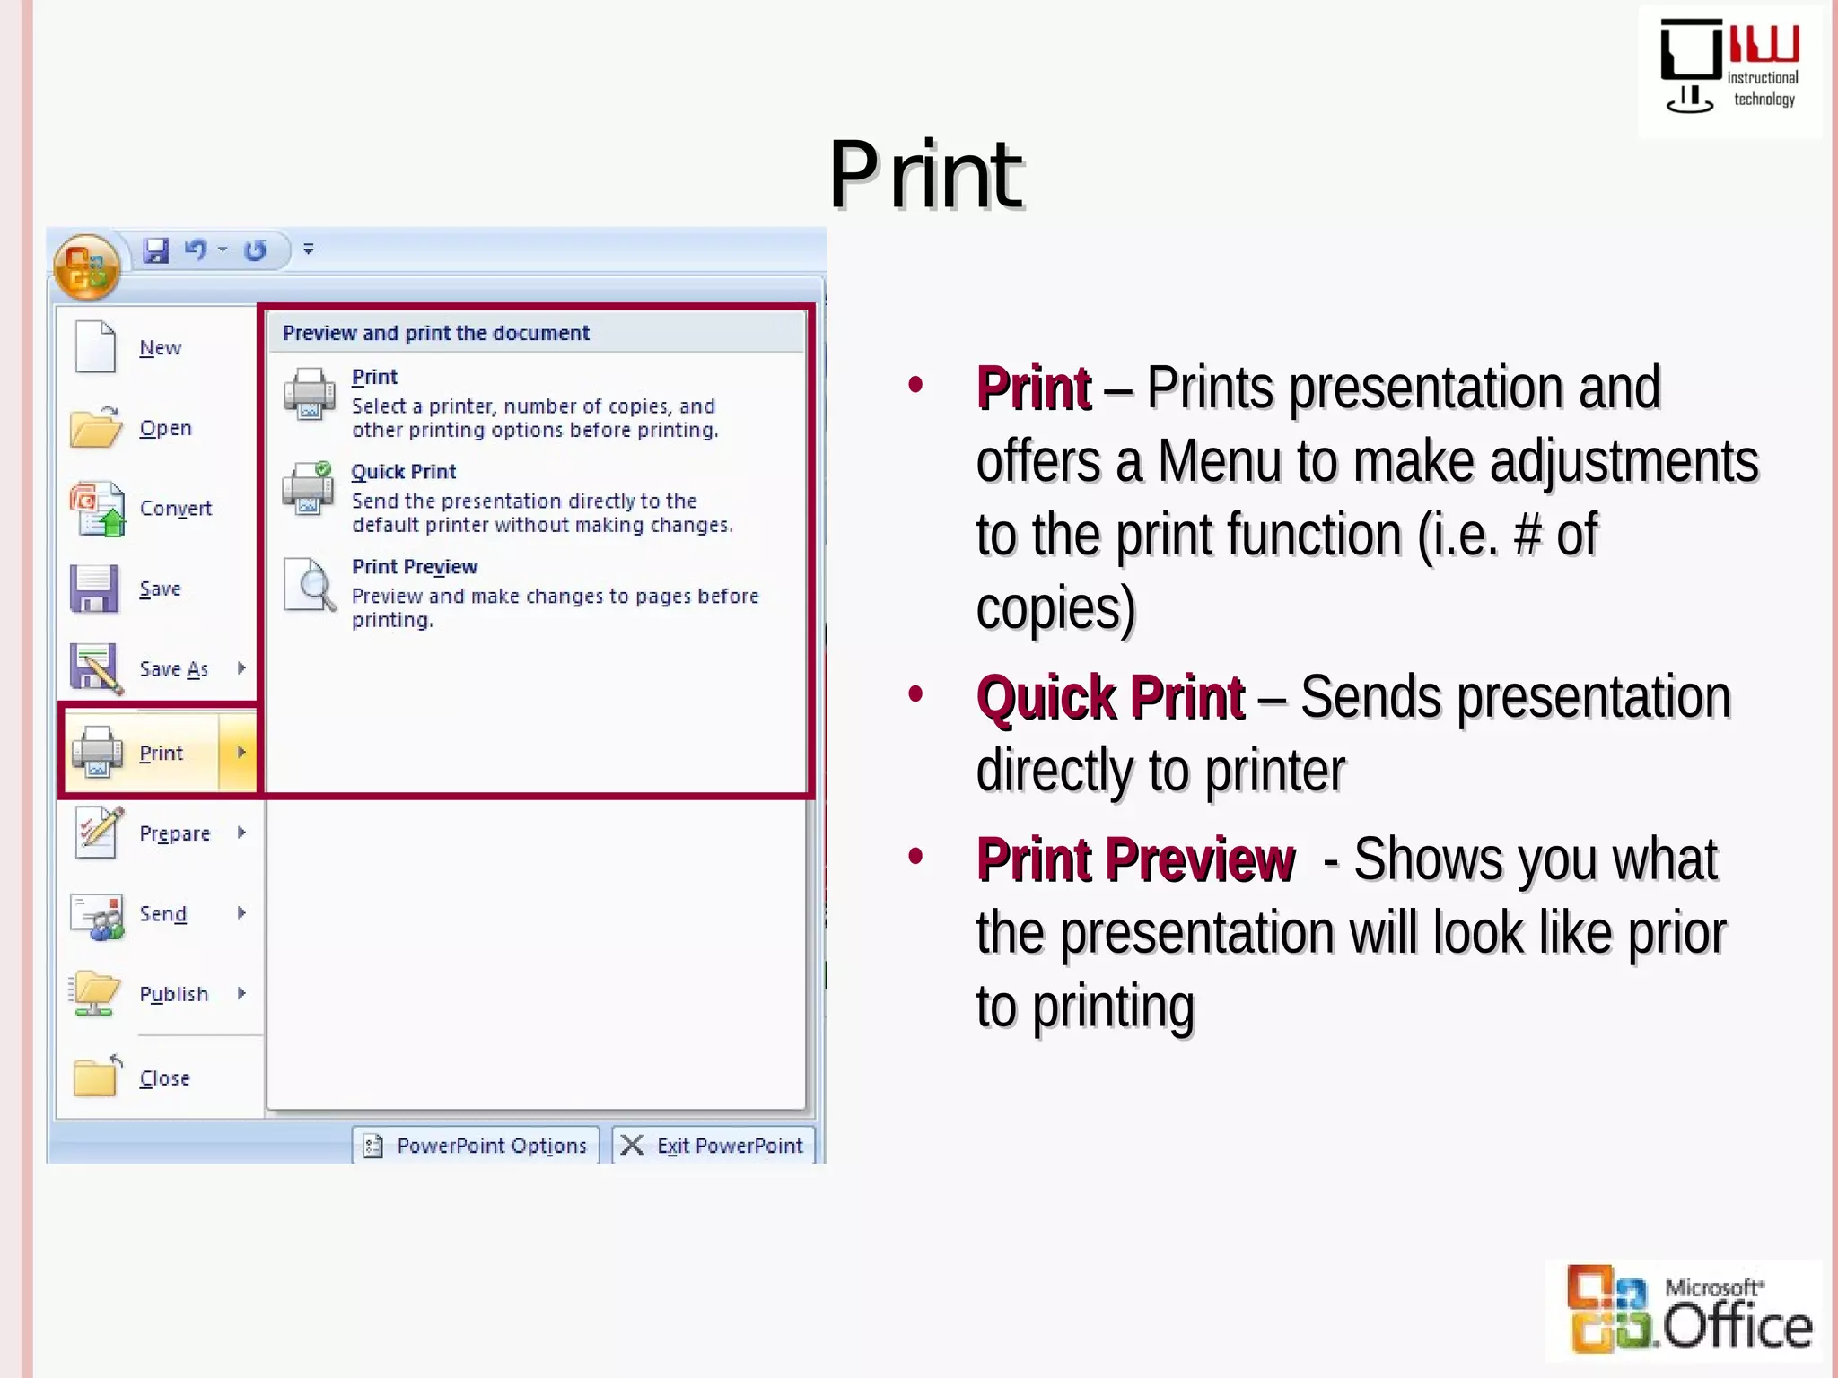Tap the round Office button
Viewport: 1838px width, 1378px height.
[86, 267]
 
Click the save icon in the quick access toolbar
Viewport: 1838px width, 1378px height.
[156, 250]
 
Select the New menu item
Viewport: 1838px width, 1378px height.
[160, 348]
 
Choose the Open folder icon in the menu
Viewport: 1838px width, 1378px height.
[95, 427]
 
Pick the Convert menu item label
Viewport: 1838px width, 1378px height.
[176, 509]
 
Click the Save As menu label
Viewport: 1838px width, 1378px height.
[174, 669]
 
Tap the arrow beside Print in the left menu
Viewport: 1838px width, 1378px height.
[241, 753]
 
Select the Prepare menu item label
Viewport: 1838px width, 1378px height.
[175, 833]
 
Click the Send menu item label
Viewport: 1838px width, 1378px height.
[163, 914]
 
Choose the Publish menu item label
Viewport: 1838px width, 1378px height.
[174, 994]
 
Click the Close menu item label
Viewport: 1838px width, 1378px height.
[165, 1078]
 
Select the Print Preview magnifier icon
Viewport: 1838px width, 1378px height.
[311, 585]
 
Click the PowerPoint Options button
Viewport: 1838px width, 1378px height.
[476, 1146]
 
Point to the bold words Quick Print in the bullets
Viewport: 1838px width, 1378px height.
[1110, 698]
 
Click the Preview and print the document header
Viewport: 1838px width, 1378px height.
[436, 333]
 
